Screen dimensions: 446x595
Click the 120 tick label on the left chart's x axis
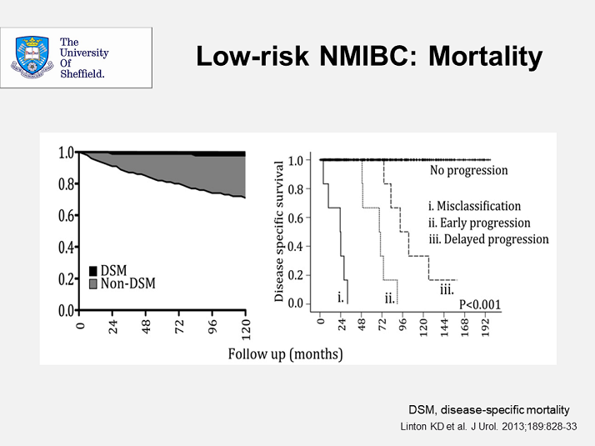(246, 328)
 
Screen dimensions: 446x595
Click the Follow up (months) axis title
(285, 353)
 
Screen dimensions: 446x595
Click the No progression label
(468, 171)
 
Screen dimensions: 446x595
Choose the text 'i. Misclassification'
(473, 206)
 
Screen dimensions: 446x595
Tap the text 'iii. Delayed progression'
(487, 239)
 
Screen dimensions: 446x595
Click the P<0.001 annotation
(480, 304)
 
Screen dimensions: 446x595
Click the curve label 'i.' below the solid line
(340, 297)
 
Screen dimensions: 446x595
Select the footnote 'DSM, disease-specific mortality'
(488, 409)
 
